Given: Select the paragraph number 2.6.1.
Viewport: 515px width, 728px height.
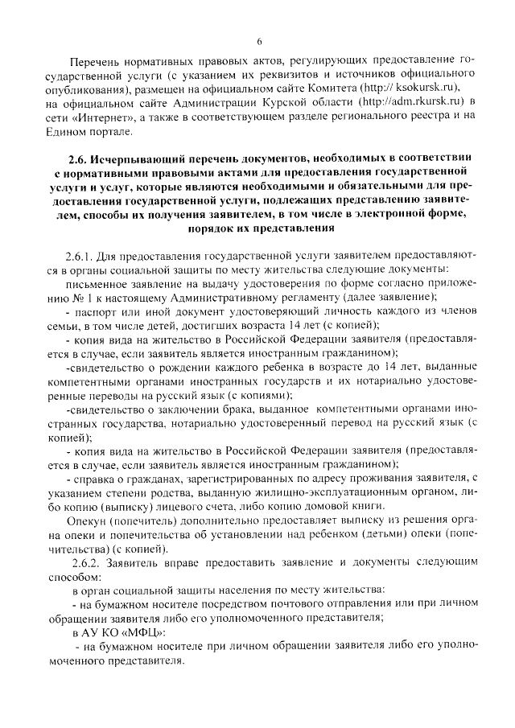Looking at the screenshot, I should tap(84, 256).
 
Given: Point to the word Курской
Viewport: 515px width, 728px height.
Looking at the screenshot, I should tap(278, 103).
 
